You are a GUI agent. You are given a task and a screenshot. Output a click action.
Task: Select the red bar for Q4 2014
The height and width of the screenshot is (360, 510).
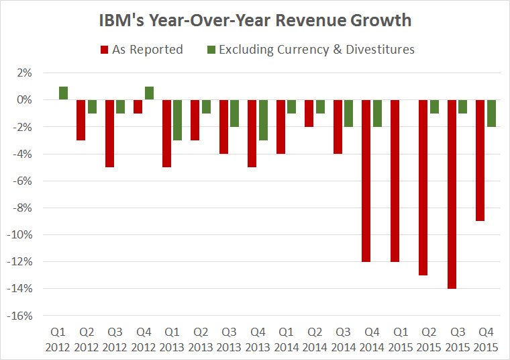coord(367,181)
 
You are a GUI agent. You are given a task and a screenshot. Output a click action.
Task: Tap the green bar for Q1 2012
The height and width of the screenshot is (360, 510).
coord(63,93)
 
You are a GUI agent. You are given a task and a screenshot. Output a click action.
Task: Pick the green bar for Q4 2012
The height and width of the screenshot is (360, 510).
coord(149,93)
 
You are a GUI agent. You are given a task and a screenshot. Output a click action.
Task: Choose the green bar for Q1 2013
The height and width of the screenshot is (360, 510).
coord(178,120)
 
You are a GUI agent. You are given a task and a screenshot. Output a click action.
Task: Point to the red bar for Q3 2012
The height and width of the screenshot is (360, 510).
coord(109,134)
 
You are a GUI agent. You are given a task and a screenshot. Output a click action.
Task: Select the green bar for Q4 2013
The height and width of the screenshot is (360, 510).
coord(264,120)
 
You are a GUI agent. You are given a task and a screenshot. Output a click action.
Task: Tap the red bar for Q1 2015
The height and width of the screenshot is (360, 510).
coord(395,181)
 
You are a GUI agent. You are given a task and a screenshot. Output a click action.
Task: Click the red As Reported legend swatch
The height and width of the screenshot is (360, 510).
coord(104,50)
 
